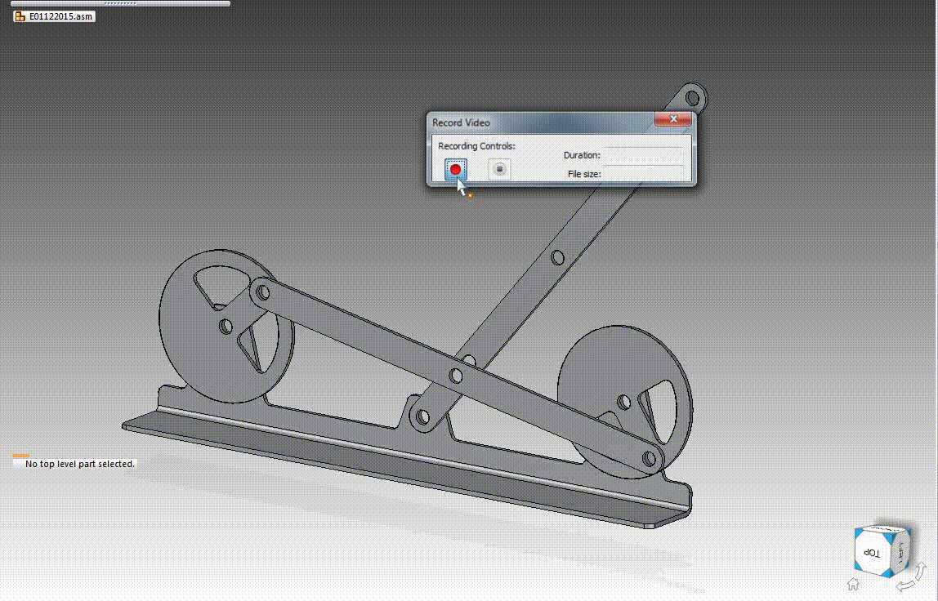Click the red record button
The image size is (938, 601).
pos(455,169)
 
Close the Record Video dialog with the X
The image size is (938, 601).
pos(673,119)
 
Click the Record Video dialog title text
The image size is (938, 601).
pos(461,122)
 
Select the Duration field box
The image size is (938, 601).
pos(643,155)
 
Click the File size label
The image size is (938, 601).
pos(584,174)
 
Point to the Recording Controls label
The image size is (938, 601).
pos(476,146)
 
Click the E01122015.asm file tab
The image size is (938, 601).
pos(54,16)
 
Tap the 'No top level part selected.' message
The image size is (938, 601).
pos(79,464)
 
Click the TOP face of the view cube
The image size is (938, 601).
pos(872,553)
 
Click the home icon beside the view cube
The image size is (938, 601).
pos(853,583)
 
